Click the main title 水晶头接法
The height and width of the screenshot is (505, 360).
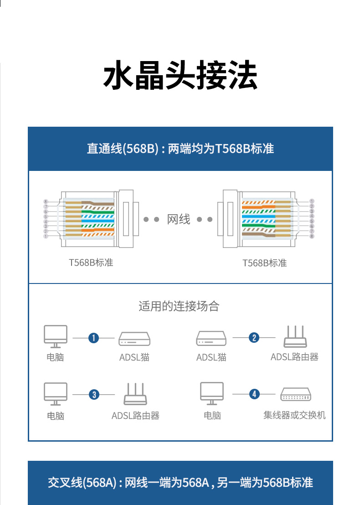tap(180, 75)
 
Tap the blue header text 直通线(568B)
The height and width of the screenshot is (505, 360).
tap(123, 149)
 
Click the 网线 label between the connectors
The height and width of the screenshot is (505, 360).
tap(178, 219)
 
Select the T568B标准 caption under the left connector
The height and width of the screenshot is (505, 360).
tap(91, 263)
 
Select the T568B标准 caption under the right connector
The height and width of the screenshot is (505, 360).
tap(264, 263)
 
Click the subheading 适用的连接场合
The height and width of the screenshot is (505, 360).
tap(179, 306)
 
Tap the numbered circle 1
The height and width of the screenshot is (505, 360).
tap(94, 338)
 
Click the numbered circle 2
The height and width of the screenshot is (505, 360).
tap(254, 338)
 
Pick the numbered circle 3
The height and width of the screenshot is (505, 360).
tap(94, 395)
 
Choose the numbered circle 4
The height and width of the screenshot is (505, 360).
tap(254, 394)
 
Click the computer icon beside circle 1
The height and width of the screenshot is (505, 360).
tap(56, 336)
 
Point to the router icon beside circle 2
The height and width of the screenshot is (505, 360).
tap(295, 336)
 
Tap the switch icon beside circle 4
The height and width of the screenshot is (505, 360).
tap(296, 394)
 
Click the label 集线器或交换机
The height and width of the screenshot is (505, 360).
tap(294, 415)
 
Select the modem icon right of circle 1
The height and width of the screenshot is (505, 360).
tap(134, 339)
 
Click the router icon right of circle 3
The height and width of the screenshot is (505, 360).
tap(135, 394)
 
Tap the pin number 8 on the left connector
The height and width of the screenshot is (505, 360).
tap(46, 201)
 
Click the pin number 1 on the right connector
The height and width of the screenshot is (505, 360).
tap(312, 201)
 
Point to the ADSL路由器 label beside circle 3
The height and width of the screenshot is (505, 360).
tap(135, 416)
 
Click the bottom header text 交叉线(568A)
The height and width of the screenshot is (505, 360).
tap(82, 483)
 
